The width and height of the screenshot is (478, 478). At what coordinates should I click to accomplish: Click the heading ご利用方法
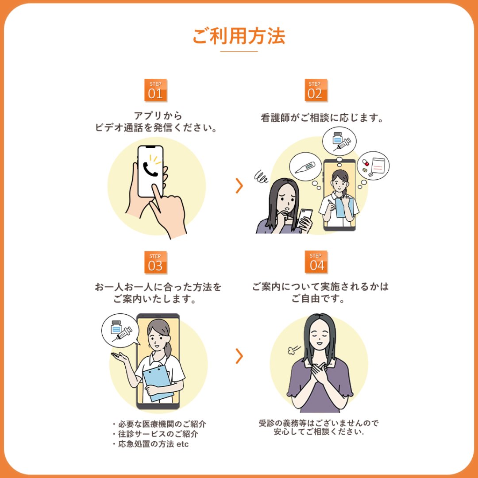tap(239, 36)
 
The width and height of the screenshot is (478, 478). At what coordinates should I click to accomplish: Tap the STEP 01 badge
tap(155, 90)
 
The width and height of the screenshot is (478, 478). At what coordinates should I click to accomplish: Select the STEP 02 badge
tap(316, 90)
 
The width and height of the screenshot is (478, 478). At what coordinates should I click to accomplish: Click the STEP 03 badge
tap(155, 262)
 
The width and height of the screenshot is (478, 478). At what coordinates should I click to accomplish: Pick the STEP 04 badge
tap(316, 262)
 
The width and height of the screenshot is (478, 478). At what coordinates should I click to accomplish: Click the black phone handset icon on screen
tap(150, 170)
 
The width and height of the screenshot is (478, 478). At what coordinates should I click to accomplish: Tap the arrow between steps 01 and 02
tap(239, 185)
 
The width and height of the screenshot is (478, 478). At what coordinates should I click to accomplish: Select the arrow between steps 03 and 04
tap(239, 356)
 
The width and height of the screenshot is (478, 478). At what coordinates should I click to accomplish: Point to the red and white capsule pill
tap(365, 162)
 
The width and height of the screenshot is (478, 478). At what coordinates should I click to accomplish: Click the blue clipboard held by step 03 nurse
tap(158, 382)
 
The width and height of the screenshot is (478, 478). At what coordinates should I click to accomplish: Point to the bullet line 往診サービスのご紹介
tap(155, 434)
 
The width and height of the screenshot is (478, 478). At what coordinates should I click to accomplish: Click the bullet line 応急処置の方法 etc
tap(150, 444)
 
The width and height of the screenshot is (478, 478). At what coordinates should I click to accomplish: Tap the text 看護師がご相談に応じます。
tap(322, 118)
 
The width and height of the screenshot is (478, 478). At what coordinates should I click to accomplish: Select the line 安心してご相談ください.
tap(319, 432)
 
